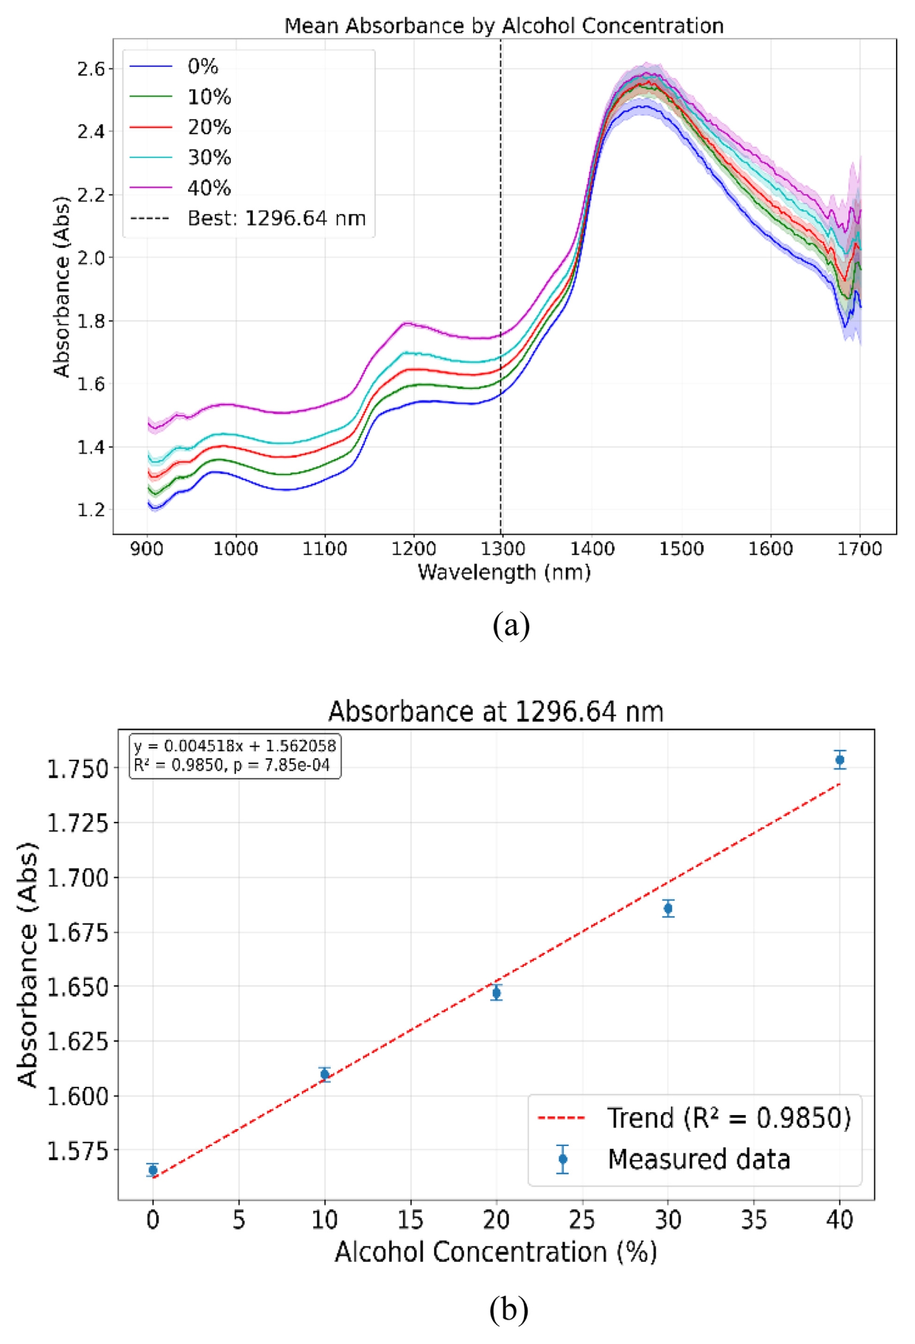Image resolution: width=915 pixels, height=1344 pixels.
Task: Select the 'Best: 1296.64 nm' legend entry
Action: pyautogui.click(x=276, y=219)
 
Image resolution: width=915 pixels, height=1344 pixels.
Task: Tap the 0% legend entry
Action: pyautogui.click(x=203, y=67)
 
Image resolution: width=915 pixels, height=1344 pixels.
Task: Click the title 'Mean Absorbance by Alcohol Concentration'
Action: pyautogui.click(x=503, y=26)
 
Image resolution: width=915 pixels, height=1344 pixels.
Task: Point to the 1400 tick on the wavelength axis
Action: pyautogui.click(x=592, y=548)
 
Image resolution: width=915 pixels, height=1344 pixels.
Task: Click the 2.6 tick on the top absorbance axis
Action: pyautogui.click(x=91, y=69)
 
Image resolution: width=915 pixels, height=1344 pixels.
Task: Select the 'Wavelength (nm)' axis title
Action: pyautogui.click(x=503, y=572)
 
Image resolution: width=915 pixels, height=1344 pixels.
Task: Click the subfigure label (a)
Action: pyautogui.click(x=511, y=626)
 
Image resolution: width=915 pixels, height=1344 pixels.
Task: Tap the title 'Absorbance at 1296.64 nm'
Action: pyautogui.click(x=495, y=712)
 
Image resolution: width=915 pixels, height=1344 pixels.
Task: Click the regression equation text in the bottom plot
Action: pyautogui.click(x=235, y=746)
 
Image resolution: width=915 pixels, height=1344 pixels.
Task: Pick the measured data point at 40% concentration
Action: pyautogui.click(x=839, y=760)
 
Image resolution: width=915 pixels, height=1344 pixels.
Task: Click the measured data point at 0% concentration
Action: pyautogui.click(x=153, y=1170)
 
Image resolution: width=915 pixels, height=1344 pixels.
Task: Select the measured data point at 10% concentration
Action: pyautogui.click(x=325, y=1074)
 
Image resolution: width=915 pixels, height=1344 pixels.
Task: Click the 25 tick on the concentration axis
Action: pyautogui.click(x=581, y=1220)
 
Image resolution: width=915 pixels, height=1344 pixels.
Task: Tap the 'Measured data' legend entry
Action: pyautogui.click(x=698, y=1159)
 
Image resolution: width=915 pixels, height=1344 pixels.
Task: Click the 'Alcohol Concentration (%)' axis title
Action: pyautogui.click(x=495, y=1253)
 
